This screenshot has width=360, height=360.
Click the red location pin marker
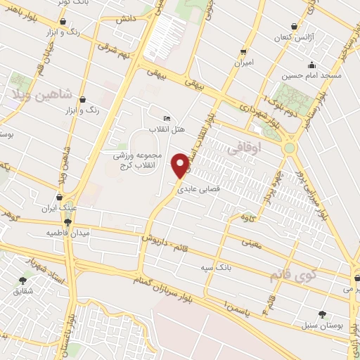coord(181,165)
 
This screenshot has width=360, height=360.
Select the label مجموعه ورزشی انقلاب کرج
coord(138,159)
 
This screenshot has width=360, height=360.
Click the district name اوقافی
coord(245,149)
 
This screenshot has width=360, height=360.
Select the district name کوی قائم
coord(293,273)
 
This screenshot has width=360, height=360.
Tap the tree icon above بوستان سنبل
coord(322,314)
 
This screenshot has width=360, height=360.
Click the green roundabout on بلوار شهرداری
coord(289,148)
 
